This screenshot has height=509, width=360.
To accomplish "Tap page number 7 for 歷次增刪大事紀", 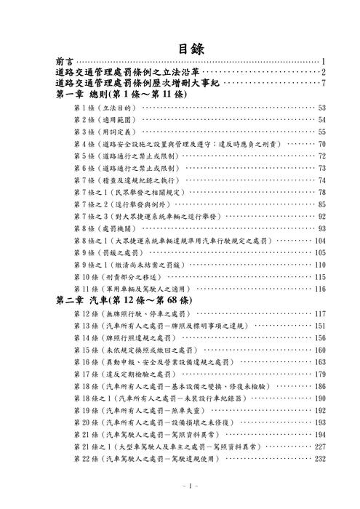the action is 322,84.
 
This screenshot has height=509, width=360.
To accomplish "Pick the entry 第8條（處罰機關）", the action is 105,228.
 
